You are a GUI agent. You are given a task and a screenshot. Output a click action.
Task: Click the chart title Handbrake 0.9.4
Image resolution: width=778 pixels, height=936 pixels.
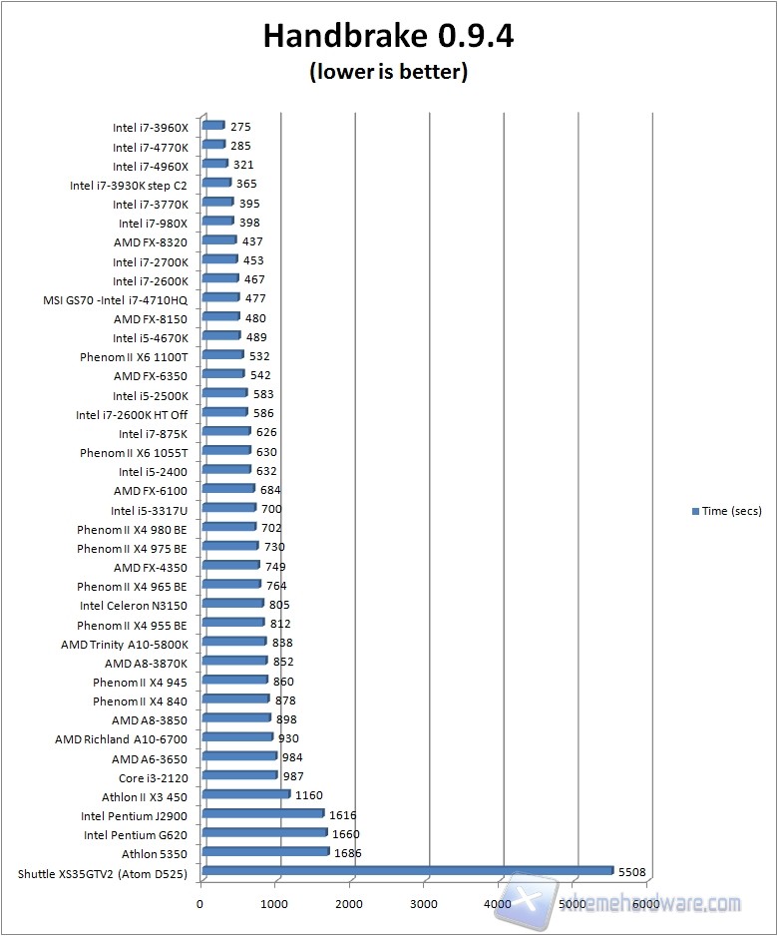pos(388,37)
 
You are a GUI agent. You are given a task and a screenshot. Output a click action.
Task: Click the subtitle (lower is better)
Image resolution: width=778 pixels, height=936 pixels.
pos(388,72)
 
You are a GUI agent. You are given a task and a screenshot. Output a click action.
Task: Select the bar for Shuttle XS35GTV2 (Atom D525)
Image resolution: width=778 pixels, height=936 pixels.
pos(407,871)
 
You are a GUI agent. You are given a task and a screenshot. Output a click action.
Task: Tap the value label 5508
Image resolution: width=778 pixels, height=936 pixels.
pos(631,872)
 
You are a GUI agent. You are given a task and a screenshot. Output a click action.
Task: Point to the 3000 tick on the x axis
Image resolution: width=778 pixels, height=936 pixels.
pos(425,905)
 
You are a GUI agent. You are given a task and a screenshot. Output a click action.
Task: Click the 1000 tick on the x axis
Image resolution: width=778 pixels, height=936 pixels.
pos(276,905)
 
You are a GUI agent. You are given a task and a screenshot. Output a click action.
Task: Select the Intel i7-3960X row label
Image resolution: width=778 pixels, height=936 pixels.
pos(150,128)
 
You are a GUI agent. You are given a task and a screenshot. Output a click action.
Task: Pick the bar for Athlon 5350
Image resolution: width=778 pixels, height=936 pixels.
pos(264,852)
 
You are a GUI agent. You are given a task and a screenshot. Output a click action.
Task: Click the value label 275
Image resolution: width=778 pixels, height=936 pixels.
pos(240,128)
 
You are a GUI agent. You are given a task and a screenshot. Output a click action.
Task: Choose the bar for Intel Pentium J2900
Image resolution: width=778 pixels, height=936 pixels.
pos(262,814)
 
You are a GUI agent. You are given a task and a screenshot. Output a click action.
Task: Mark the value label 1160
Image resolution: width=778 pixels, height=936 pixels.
pos(309,796)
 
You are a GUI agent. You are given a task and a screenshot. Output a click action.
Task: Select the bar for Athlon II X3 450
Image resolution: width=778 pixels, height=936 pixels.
pos(245,795)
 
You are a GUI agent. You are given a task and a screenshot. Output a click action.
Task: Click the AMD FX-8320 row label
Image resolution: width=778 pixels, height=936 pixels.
pos(151,241)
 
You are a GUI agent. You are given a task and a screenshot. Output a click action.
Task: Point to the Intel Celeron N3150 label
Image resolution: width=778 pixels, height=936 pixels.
pos(134,605)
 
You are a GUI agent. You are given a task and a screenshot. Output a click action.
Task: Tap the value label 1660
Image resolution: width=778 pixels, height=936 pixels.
pos(345,834)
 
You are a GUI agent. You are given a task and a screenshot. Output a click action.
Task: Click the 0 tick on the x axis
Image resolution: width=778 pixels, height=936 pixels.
pos(200,905)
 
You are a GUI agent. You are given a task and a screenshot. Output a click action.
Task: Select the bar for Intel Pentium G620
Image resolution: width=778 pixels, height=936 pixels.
pos(263,833)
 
